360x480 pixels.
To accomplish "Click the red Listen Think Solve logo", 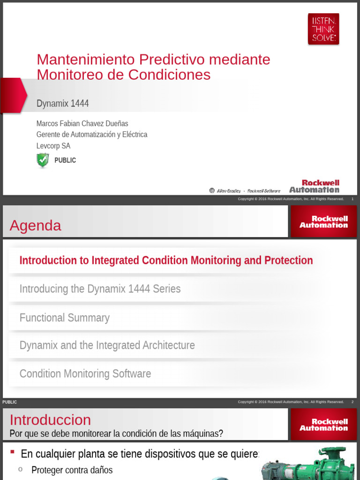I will (x=323, y=29).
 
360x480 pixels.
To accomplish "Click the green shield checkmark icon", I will (x=43, y=160).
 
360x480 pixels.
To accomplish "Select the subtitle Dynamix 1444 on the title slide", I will (x=62, y=103).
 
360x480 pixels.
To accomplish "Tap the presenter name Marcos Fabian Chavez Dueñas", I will (x=82, y=123).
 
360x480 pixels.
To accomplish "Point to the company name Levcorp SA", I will (x=53, y=146).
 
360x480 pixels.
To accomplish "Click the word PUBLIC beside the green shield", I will (x=65, y=160).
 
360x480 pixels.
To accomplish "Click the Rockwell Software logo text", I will (x=263, y=191).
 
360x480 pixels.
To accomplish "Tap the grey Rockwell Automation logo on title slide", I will (x=314, y=186).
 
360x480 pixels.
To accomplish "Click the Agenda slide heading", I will (x=35, y=225).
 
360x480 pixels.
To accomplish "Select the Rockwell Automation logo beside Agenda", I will (x=323, y=222).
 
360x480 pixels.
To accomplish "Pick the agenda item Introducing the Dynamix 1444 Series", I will (x=100, y=289).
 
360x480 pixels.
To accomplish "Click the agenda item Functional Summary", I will (x=64, y=317).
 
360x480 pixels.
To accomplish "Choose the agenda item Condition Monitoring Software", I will (x=85, y=374).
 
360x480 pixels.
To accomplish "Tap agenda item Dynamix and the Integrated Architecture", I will (x=107, y=345).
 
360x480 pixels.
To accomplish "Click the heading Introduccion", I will (x=50, y=420).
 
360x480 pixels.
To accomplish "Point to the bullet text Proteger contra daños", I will (x=72, y=470).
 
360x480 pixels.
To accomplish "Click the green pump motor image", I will (x=309, y=464).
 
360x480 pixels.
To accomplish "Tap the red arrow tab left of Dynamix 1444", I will (x=13, y=95).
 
